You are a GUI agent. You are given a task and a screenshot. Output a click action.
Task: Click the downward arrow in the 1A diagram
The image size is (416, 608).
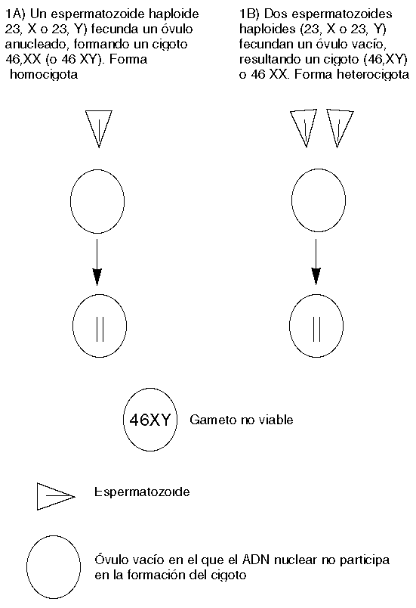pos(97,262)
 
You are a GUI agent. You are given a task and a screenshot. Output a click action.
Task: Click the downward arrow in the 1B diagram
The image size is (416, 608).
pos(316,262)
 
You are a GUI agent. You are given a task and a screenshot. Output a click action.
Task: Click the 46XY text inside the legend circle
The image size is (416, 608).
pos(149,420)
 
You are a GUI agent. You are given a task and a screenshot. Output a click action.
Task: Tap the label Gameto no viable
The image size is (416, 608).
pos(242,420)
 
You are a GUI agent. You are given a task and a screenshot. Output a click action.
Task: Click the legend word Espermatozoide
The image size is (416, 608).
pos(142,492)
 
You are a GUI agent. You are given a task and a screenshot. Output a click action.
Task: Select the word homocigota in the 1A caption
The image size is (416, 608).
pos(44,74)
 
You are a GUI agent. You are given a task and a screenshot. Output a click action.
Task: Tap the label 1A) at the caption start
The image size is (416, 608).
pos(15,14)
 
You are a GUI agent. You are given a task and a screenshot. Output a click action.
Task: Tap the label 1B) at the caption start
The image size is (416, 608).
pos(250,14)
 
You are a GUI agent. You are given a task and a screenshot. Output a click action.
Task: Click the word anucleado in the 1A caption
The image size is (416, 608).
pos(35,44)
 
